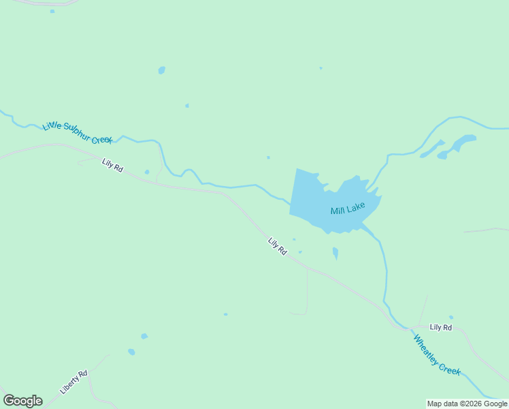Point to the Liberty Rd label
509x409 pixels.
[x=73, y=382]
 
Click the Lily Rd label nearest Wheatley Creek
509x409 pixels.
[x=441, y=328]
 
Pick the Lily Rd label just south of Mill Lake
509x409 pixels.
[x=277, y=246]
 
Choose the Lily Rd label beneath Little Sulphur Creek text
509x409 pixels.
[x=112, y=165]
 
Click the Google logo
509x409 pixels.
[x=22, y=401]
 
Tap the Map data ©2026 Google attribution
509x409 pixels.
[x=467, y=404]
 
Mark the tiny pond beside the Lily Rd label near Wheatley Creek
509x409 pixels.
[x=451, y=317]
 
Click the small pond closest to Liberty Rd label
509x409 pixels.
[x=131, y=352]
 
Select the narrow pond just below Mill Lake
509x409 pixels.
[x=335, y=254]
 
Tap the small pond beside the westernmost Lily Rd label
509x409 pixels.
[x=147, y=172]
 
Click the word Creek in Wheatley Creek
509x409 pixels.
[x=450, y=369]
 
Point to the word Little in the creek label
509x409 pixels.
[x=52, y=126]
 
